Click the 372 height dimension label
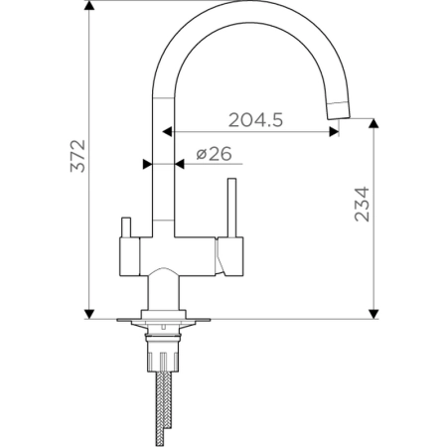click(x=77, y=156)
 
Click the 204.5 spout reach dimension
click(x=255, y=120)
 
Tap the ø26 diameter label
click(x=214, y=154)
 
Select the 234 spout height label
click(x=362, y=204)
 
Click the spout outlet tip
click(x=339, y=115)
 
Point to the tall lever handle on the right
click(x=231, y=208)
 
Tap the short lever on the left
click(x=126, y=227)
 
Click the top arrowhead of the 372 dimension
click(x=89, y=6)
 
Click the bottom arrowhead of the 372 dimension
click(x=89, y=314)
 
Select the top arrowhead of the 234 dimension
click(x=373, y=123)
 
